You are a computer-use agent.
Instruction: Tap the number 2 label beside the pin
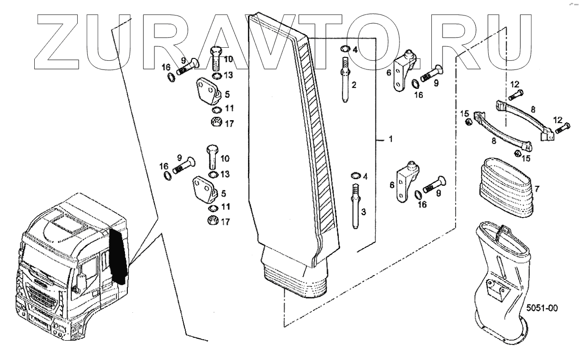click(354, 85)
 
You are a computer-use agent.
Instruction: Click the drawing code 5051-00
click(541, 307)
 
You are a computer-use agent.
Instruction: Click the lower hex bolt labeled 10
click(213, 156)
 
